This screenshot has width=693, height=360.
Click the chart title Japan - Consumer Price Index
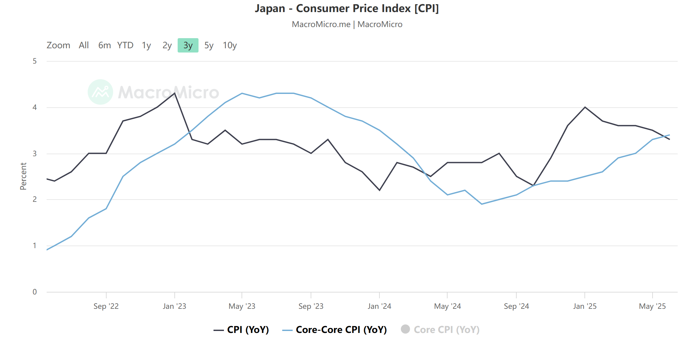[x=346, y=8]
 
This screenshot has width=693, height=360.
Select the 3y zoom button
[x=188, y=45]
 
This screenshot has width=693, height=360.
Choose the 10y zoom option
[x=229, y=45]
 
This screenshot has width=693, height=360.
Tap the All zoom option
[x=84, y=45]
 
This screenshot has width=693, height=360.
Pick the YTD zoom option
[x=125, y=45]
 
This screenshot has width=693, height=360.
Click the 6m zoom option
[x=104, y=45]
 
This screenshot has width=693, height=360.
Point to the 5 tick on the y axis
[x=35, y=61]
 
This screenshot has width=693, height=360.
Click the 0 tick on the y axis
[x=35, y=292]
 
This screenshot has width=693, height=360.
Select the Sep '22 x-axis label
[x=106, y=306]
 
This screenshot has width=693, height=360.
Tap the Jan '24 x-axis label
[x=379, y=306]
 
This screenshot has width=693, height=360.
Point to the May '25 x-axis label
[x=652, y=306]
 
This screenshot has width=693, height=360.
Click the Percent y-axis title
[x=23, y=176]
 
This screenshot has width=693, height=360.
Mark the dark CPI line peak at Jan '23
[x=175, y=93]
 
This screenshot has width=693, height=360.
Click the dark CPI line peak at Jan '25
[x=585, y=107]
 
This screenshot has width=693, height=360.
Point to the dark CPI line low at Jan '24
[x=379, y=190]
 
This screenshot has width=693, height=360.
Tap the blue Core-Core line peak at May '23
[x=242, y=93]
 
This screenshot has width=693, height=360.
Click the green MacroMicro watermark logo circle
[x=100, y=92]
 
